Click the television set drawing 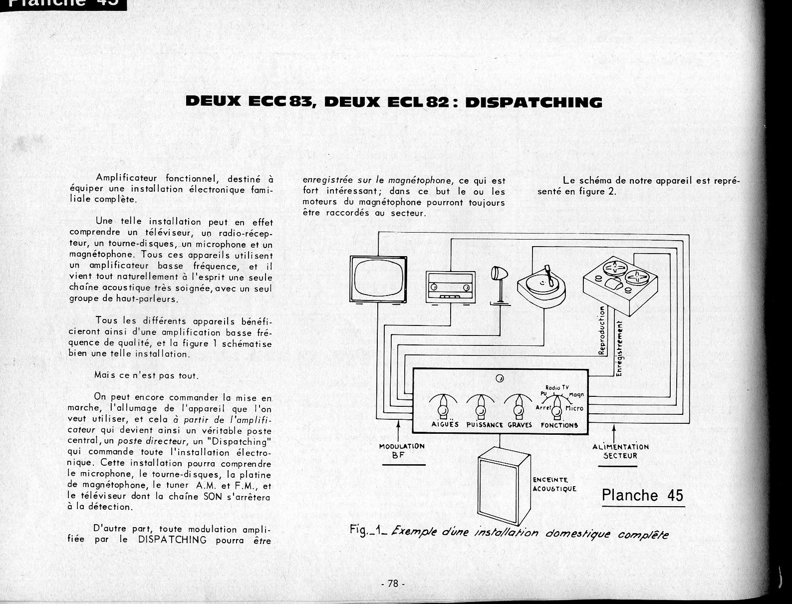(378, 279)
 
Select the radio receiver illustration (450, 287)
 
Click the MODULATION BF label (402, 450)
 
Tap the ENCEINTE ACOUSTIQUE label (554, 484)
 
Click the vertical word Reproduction (602, 330)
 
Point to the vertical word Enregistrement (619, 348)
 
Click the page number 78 (393, 584)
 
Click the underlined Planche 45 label (642, 495)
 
